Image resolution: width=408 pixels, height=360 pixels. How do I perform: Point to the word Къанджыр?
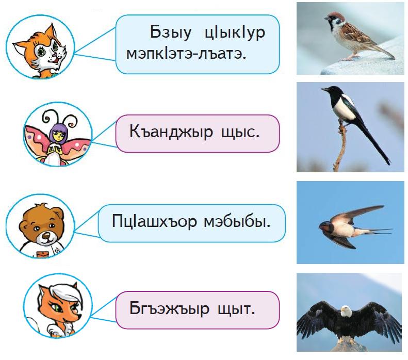point(171,132)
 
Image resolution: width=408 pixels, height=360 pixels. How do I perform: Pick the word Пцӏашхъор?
point(154,222)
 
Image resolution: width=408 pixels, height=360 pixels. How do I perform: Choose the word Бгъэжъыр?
point(169,309)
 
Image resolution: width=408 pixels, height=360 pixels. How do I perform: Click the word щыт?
point(236,309)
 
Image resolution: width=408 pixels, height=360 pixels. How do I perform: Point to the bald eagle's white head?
point(346,311)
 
